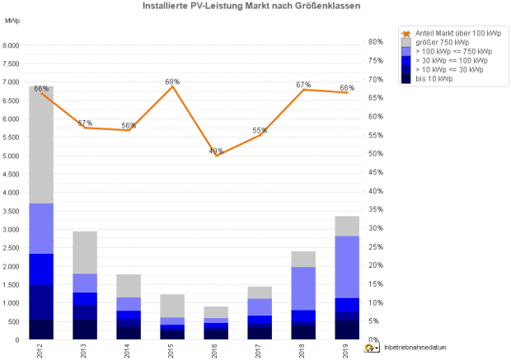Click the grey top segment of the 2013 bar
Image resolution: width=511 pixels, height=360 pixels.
(x=85, y=252)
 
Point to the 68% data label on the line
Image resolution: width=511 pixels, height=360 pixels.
(x=172, y=82)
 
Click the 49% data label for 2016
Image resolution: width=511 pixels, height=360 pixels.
(x=216, y=151)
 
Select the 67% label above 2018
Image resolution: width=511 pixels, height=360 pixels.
(x=303, y=85)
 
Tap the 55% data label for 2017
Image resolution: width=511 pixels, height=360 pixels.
(x=260, y=130)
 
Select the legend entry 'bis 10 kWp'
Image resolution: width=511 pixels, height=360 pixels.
(x=434, y=79)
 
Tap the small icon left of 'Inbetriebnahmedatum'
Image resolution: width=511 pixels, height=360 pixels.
(x=371, y=348)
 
